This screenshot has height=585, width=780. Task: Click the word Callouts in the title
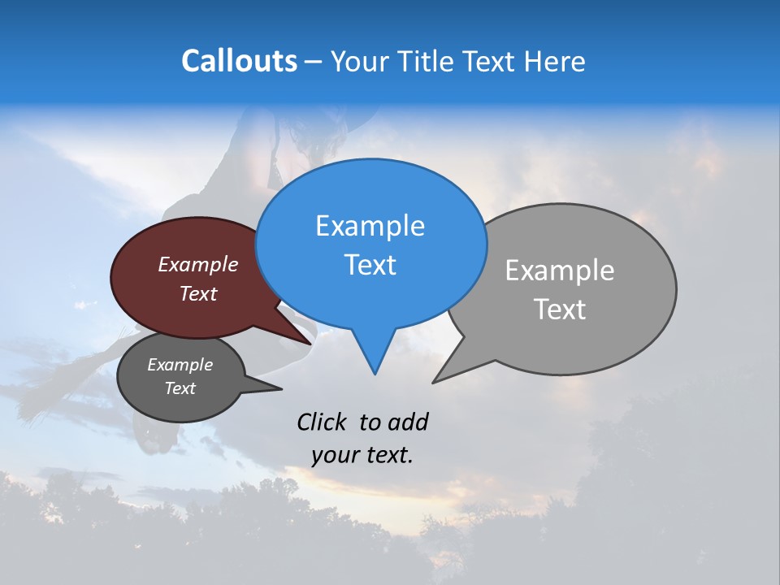239,61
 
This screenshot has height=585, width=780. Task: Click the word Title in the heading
427,61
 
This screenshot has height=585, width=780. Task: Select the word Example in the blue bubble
370,226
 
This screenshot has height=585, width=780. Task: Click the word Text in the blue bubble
370,265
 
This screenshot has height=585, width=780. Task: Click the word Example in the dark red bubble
197,264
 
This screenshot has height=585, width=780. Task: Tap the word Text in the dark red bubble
197,293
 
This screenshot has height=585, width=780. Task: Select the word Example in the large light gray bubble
560,270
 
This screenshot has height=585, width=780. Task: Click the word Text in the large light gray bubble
560,310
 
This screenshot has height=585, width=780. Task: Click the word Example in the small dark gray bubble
180,365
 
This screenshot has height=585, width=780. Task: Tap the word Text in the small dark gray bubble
180,388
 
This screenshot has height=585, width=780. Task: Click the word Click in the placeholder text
322,422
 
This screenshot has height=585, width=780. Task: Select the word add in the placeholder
408,422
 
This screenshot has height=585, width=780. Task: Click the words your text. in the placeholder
362,455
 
